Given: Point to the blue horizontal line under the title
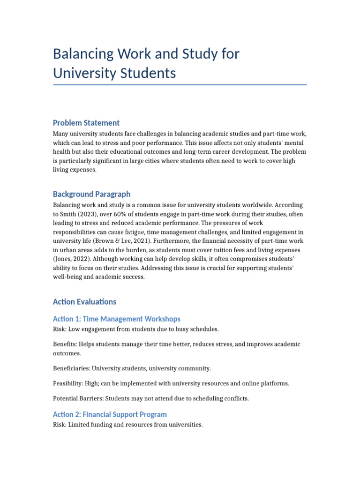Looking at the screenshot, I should click(180, 85).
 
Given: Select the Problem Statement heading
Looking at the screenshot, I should click(86, 123).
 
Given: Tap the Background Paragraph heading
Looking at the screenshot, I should click(91, 194).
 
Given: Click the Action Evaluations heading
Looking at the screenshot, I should click(84, 302).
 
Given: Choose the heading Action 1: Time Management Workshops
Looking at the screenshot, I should click(116, 319).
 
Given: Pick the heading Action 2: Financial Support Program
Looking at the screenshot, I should click(110, 414).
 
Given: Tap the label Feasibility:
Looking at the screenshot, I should click(67, 383).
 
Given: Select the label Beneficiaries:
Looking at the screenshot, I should click(72, 368).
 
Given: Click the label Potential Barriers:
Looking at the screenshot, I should click(78, 398).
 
